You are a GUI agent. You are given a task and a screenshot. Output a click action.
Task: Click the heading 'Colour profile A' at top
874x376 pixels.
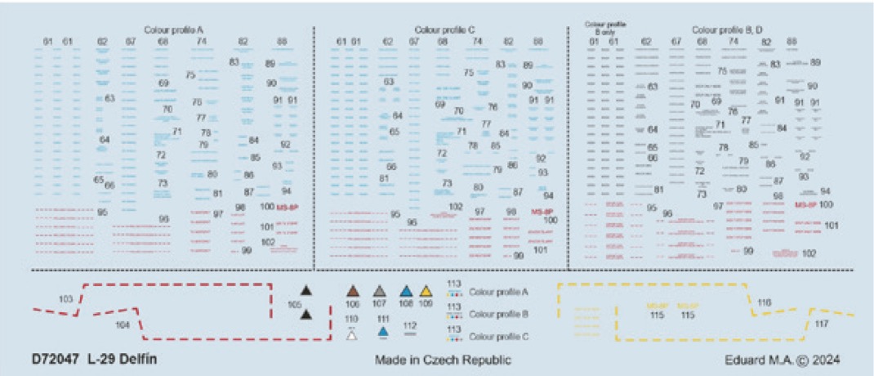pos(173,29)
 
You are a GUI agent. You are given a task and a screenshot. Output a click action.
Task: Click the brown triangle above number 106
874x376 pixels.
pos(353,291)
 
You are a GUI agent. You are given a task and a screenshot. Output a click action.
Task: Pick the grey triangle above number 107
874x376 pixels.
pos(379,291)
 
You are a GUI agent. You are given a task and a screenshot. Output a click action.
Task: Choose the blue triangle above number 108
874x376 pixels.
pos(405,291)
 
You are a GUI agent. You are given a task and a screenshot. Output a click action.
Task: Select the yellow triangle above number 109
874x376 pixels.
pos(426,291)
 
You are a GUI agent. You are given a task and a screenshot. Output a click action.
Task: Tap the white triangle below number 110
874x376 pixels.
pos(351,333)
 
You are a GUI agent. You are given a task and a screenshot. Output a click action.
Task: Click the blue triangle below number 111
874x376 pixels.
pos(383,332)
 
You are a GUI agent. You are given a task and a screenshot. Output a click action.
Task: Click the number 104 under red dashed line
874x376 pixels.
pos(123,325)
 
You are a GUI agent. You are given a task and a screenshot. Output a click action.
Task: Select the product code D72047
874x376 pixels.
pos(56,359)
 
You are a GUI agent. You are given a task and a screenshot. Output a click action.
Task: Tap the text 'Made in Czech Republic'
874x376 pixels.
pos(444,360)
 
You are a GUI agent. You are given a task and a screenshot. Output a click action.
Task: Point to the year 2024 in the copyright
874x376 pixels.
pos(823,360)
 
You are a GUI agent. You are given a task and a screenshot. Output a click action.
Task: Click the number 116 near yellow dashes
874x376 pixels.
pos(765,302)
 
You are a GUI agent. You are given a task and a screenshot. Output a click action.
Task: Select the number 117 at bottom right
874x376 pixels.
pos(821,325)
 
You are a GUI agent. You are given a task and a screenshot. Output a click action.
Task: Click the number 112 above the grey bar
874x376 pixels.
pos(410,324)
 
